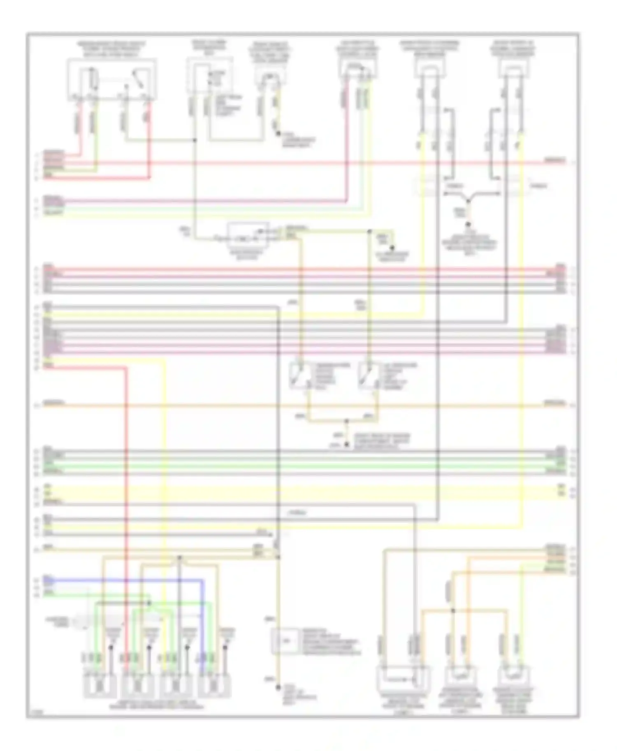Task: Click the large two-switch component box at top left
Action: pos(112,79)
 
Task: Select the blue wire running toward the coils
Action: pos(123,580)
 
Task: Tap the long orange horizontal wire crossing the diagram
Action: pos(288,405)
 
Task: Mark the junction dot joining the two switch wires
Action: pos(346,421)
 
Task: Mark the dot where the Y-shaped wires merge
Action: pos(468,201)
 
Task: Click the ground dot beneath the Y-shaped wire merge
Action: pos(468,225)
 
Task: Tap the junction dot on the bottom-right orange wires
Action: pos(453,611)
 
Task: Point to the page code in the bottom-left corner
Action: pos(34,713)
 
